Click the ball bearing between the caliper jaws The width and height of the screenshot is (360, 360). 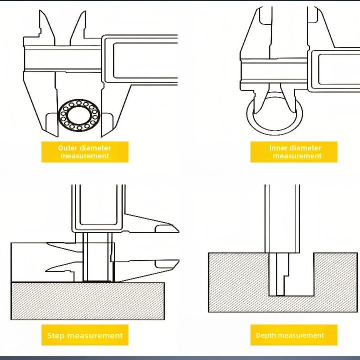pos(79,115)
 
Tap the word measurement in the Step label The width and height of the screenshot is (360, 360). pos(93,336)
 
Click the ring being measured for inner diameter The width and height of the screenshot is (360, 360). pos(275,133)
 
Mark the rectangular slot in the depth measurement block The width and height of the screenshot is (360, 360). pos(291,274)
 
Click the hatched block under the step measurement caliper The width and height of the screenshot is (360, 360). pos(88,301)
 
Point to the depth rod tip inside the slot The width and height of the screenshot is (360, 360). pos(280,295)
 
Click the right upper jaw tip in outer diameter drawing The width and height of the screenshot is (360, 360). pos(85,11)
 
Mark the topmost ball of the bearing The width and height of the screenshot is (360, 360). pos(79,103)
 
